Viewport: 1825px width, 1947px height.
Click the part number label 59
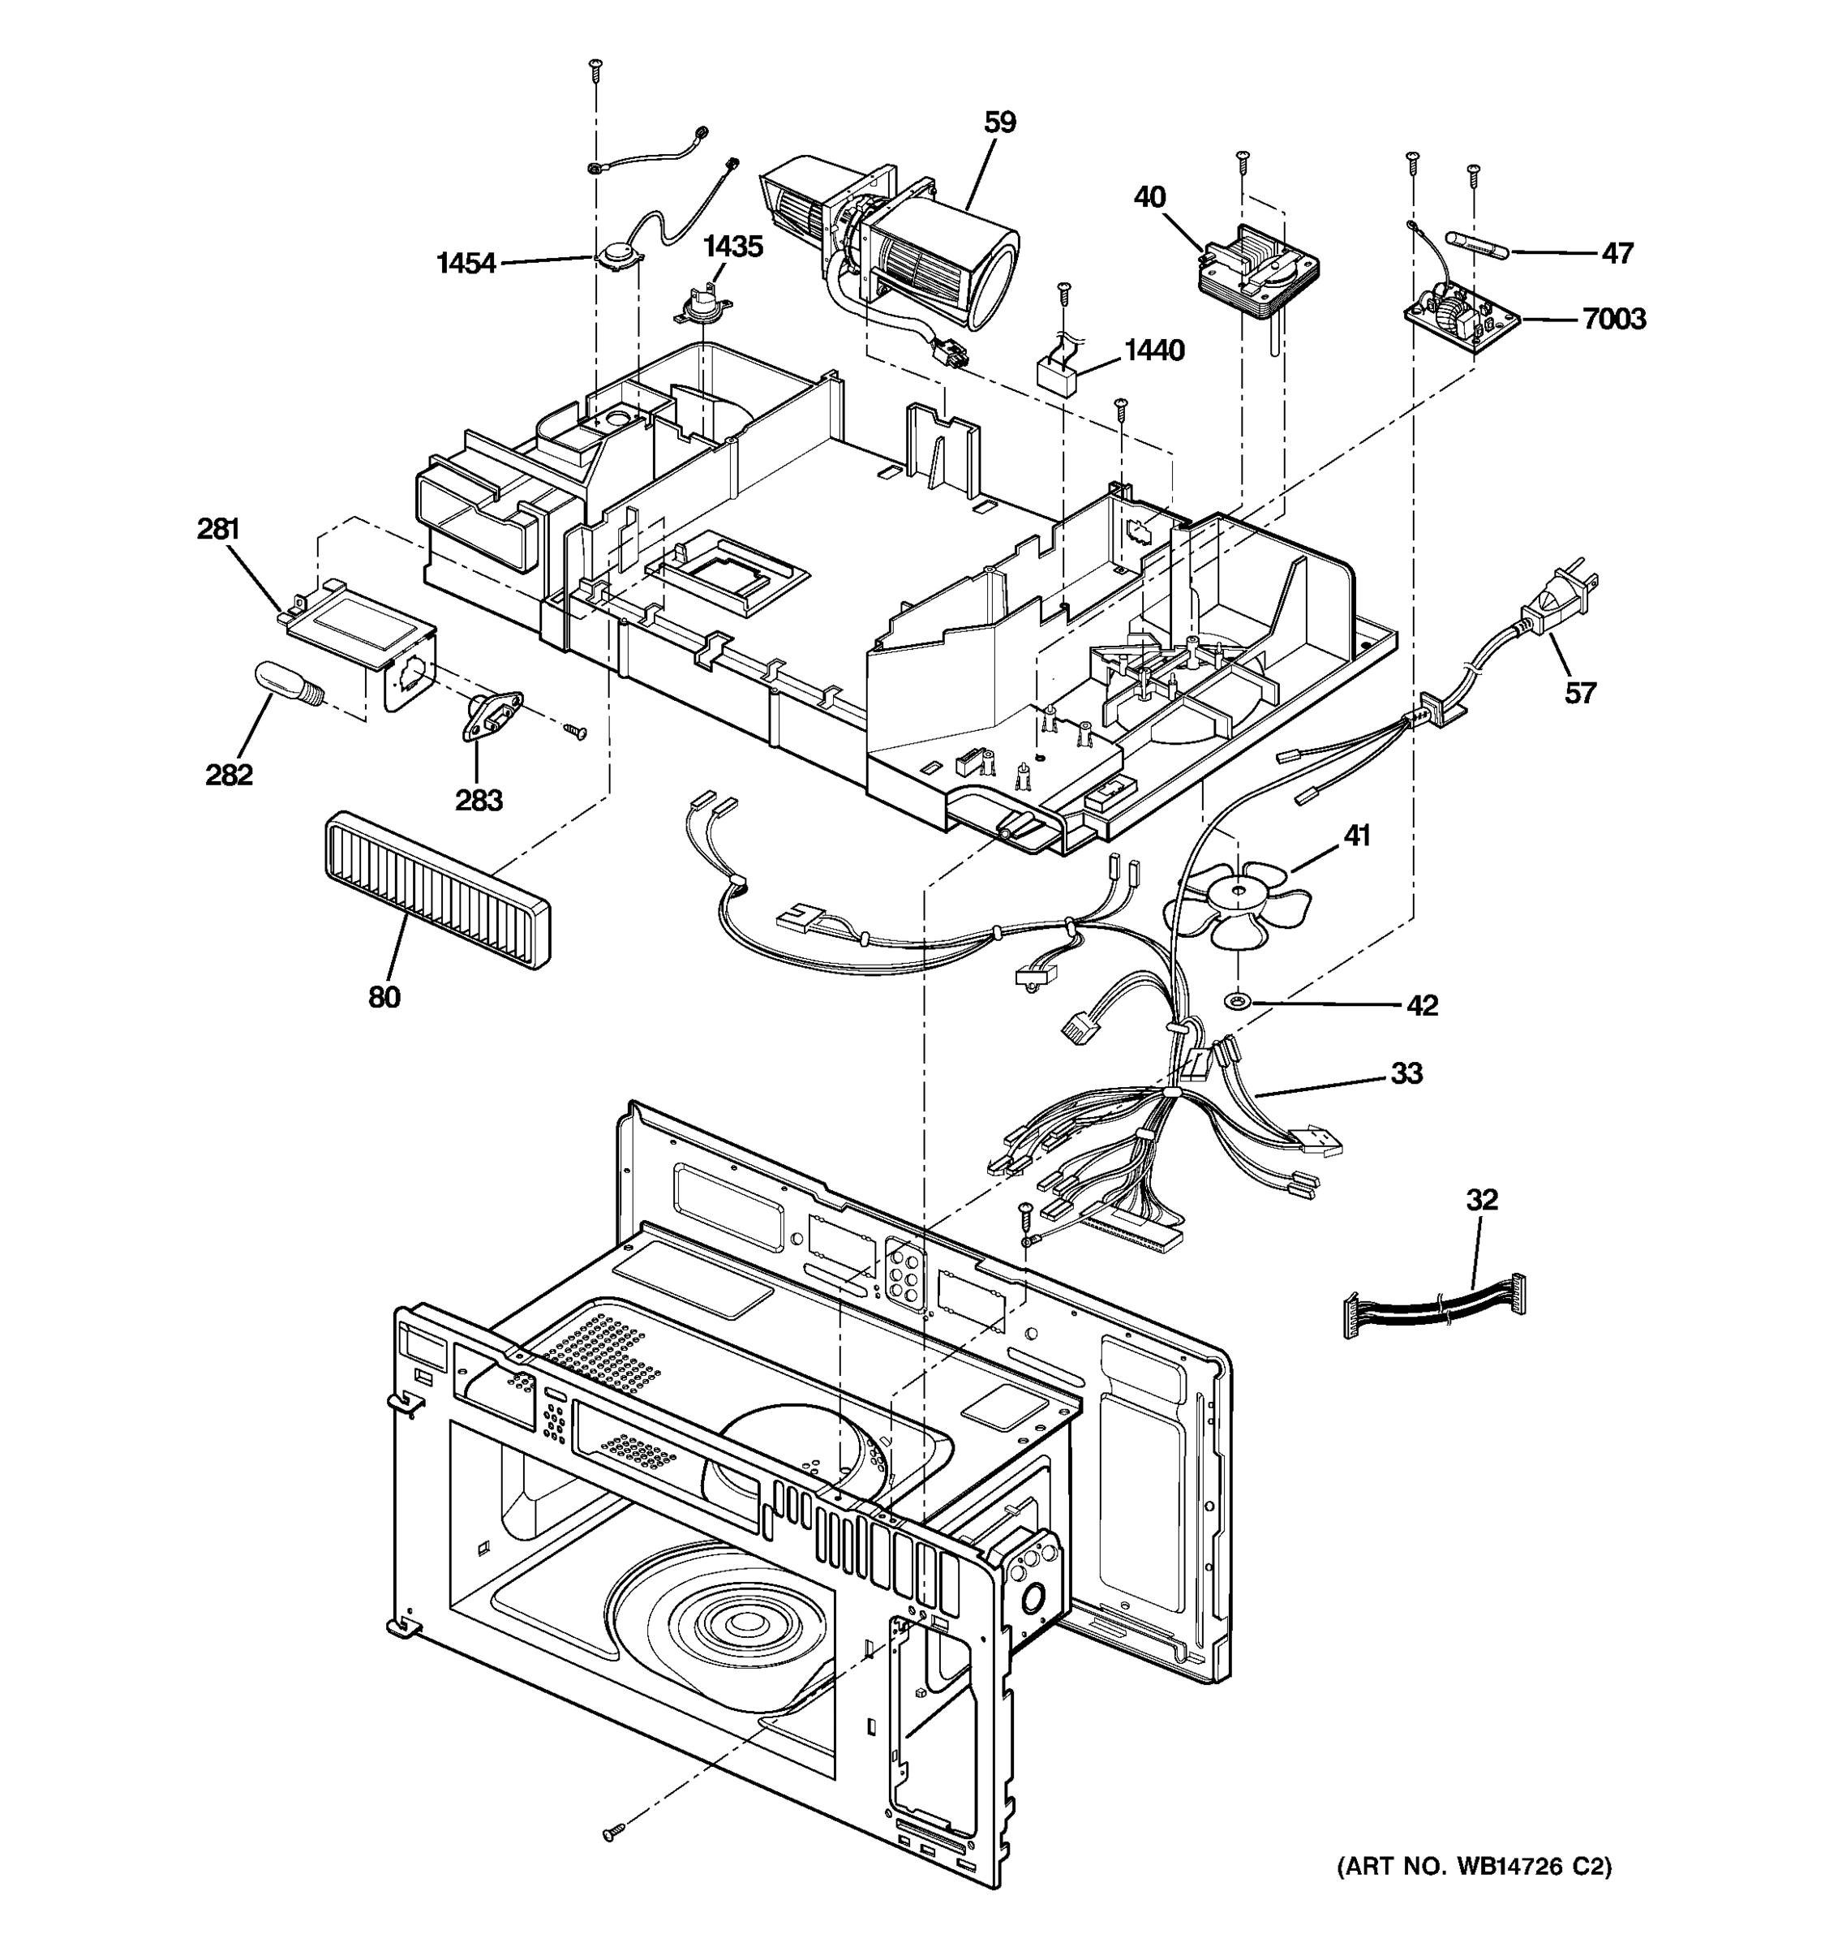[999, 122]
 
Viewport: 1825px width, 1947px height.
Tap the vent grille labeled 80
[436, 888]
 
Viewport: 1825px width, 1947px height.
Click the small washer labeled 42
[1239, 1002]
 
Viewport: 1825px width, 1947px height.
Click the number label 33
[1406, 1073]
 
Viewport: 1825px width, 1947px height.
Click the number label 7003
[1613, 320]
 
